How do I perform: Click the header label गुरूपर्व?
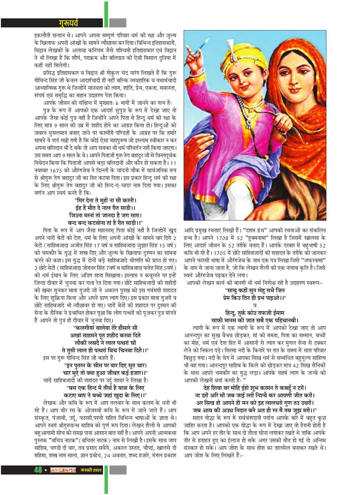(x=69, y=22)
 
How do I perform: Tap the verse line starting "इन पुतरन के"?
(x=106, y=365)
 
